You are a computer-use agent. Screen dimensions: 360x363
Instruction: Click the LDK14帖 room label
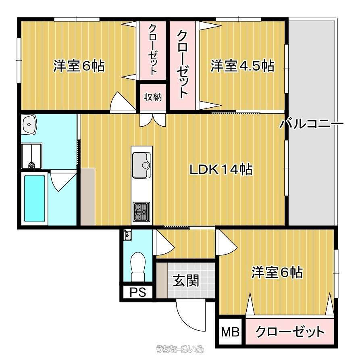coord(221,169)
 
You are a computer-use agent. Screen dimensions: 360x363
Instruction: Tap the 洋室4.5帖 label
coord(242,66)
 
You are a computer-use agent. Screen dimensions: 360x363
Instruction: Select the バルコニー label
coord(311,123)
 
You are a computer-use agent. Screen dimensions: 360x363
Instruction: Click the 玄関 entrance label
coord(186,280)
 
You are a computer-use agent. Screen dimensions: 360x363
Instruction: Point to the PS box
coord(138,292)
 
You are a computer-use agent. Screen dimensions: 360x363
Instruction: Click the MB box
coord(231,332)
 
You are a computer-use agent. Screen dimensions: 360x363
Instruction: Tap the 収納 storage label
coord(153,97)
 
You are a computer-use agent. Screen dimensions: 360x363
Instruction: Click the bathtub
coord(35,198)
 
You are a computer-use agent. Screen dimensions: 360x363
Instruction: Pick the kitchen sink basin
coord(141,165)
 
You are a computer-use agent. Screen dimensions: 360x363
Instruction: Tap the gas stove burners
coord(142,212)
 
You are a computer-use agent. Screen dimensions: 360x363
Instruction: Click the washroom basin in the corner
coord(29,124)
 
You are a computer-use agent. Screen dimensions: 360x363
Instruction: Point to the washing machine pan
coord(32,156)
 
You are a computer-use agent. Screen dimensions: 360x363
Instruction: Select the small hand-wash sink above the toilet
coord(127,235)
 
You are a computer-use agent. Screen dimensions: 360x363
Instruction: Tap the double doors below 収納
coord(153,120)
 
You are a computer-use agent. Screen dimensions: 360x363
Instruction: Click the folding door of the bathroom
coord(63,181)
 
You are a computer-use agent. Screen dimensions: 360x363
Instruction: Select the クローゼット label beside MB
coord(290,332)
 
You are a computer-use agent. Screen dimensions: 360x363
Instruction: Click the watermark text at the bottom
coord(180,348)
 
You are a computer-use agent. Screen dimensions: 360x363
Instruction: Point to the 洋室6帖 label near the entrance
coord(277,272)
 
